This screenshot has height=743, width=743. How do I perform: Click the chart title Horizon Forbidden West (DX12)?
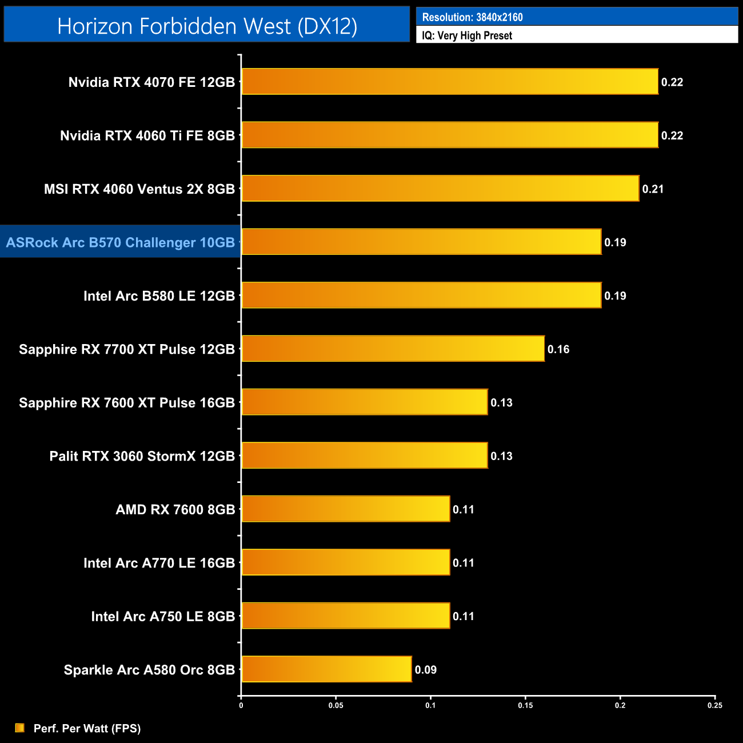(207, 26)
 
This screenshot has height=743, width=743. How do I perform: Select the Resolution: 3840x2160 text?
(472, 17)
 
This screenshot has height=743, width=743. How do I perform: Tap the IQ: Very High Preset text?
(467, 35)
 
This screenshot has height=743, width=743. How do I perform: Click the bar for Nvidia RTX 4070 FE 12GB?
(450, 82)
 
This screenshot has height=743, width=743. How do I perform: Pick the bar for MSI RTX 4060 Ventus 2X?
(440, 189)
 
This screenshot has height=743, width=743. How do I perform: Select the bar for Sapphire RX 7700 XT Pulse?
(393, 349)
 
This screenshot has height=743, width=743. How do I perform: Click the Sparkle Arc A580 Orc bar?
(326, 669)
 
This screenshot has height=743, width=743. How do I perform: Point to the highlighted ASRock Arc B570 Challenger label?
(121, 242)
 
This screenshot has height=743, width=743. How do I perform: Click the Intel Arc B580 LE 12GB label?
(159, 296)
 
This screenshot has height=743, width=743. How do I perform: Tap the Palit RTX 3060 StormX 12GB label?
(142, 456)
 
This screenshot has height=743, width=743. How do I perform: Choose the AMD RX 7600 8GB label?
(175, 509)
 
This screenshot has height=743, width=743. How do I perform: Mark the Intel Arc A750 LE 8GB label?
(163, 616)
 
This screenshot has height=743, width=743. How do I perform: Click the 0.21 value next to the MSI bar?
(653, 189)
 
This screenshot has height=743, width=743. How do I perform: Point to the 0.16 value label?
(558, 349)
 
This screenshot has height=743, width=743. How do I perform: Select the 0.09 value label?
(426, 670)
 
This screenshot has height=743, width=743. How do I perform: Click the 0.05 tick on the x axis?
(335, 705)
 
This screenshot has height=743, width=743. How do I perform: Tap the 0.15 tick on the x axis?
(525, 705)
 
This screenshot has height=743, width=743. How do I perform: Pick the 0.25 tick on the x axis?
(715, 705)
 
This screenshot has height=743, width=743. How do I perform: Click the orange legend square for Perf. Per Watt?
(20, 728)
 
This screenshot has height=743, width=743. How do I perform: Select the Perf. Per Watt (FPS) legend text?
(87, 728)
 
